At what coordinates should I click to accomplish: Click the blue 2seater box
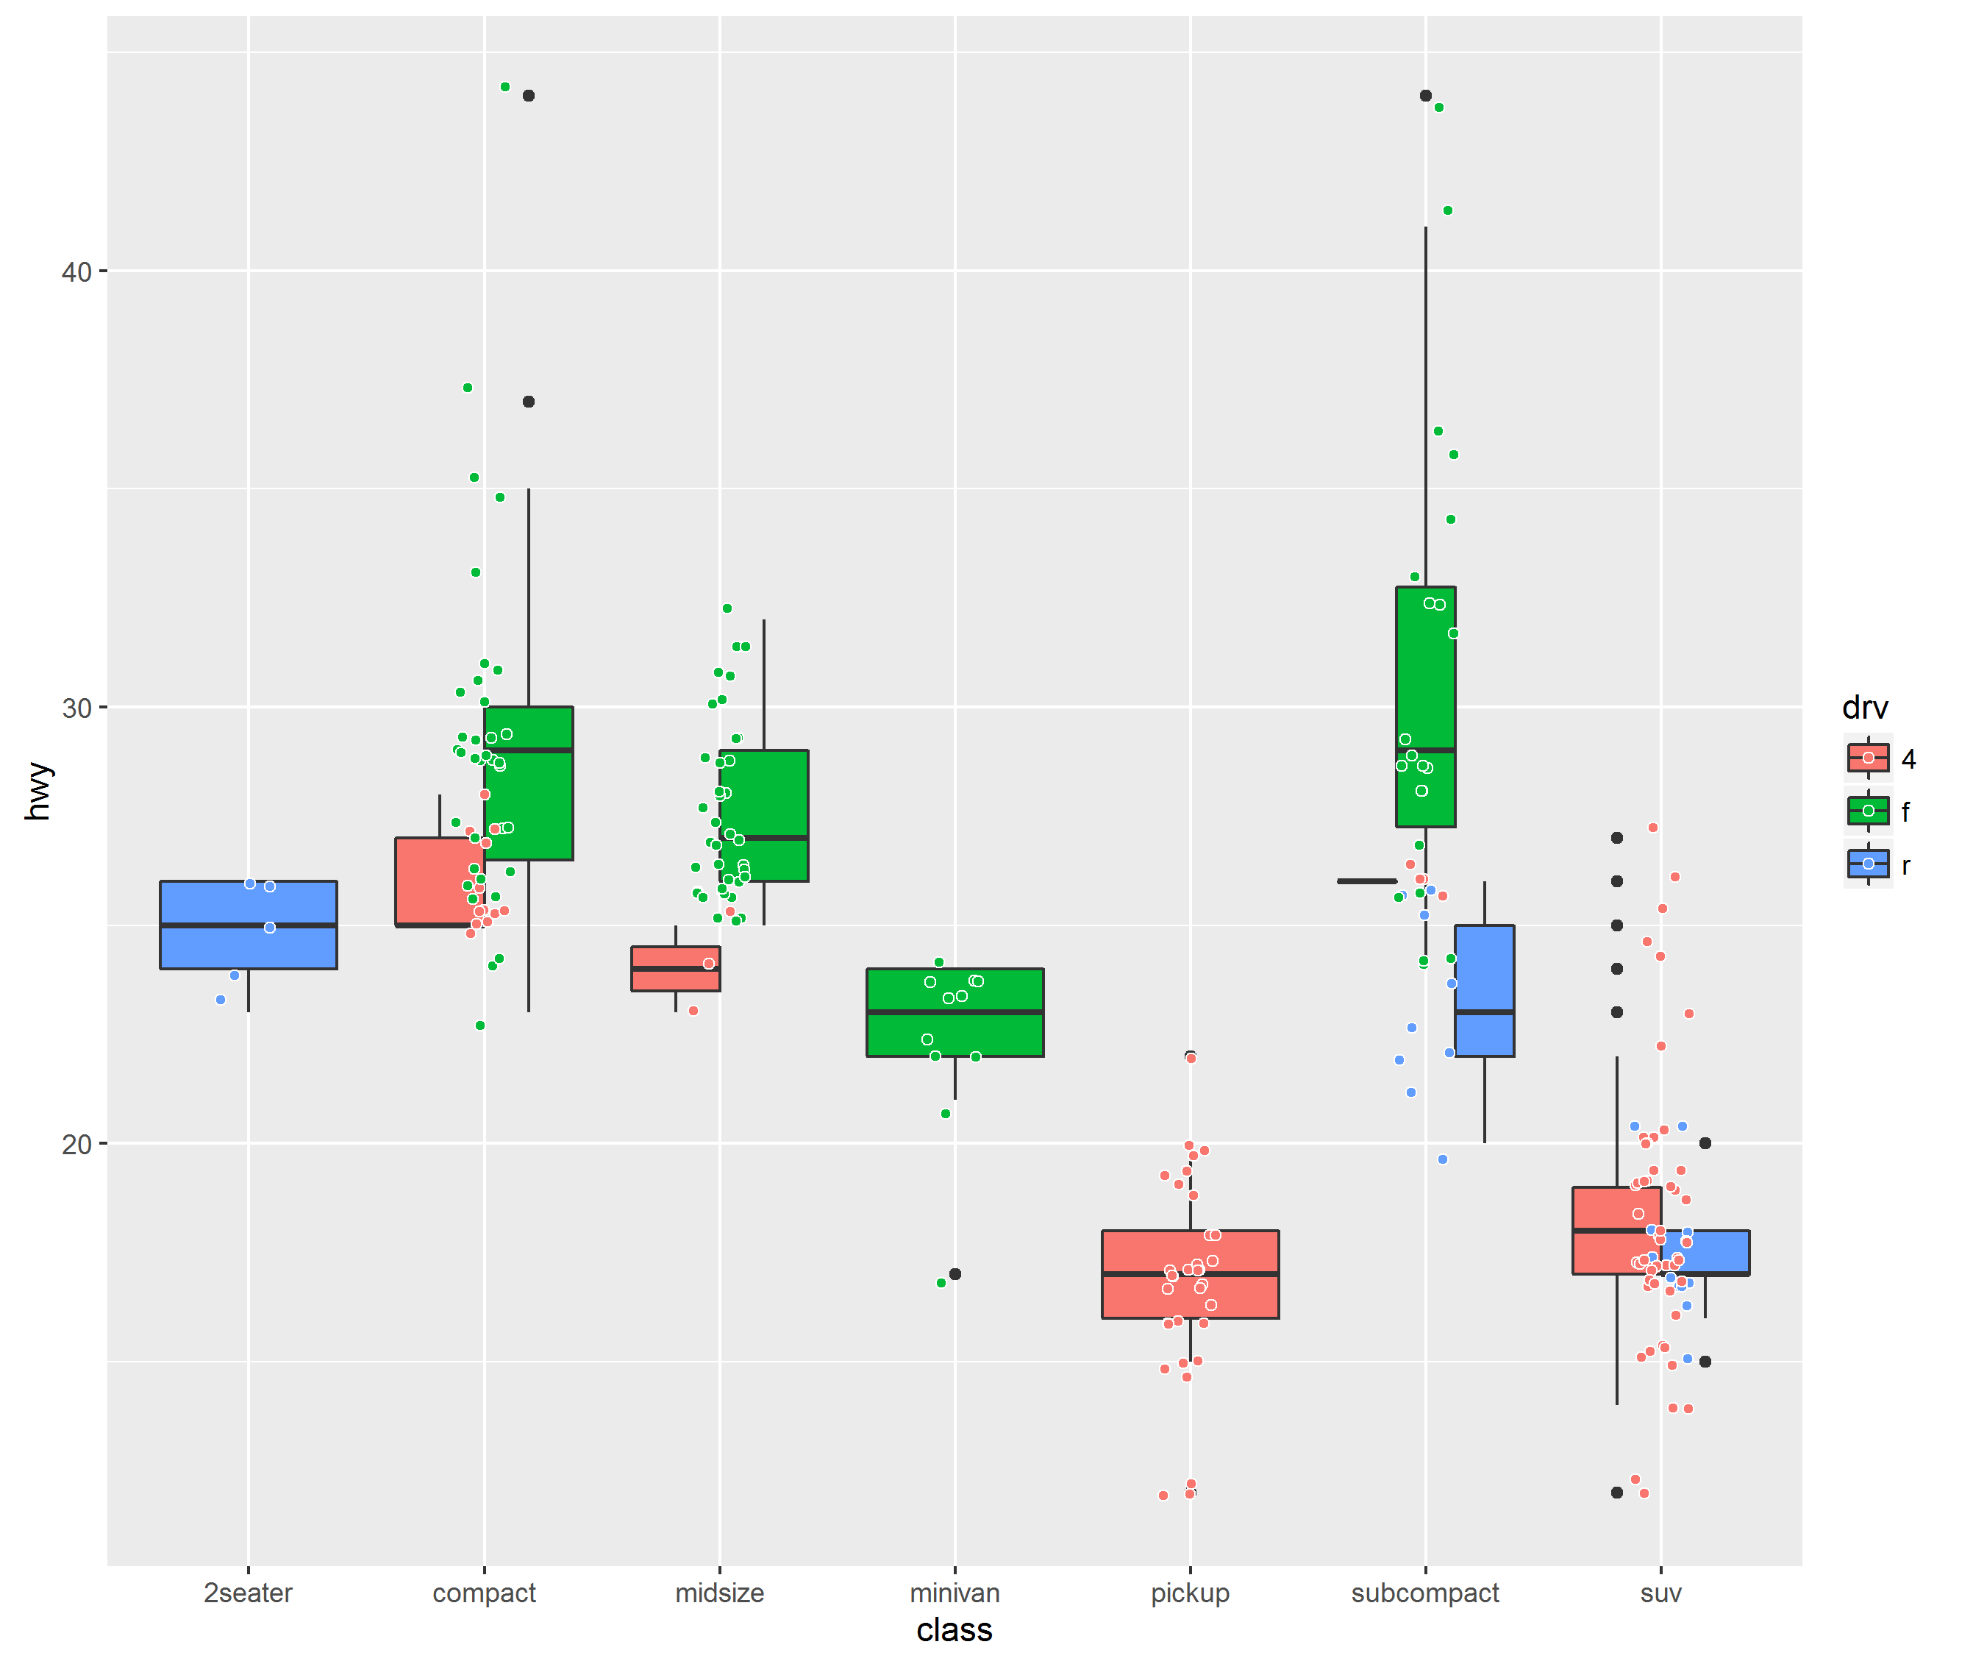tap(248, 925)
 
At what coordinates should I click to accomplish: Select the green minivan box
tap(955, 1012)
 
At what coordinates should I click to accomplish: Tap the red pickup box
tap(1191, 1274)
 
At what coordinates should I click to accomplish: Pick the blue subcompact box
tap(1485, 990)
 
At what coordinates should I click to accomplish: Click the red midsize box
tap(675, 969)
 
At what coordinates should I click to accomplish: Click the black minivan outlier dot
tap(955, 1274)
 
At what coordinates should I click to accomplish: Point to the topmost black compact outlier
tap(528, 96)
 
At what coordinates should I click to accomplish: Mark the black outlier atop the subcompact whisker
tap(1425, 96)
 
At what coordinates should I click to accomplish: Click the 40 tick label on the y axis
tap(76, 271)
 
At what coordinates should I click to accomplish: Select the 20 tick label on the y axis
tap(76, 1144)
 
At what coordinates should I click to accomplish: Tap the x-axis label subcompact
tap(1424, 1593)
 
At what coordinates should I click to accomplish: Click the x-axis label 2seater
tap(248, 1593)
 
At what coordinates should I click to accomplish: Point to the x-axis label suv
tap(1660, 1593)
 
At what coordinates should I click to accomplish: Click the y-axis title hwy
tap(38, 792)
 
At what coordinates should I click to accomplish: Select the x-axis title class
tap(954, 1630)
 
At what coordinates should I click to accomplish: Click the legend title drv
tap(1865, 708)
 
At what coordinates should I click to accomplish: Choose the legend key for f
tap(1867, 811)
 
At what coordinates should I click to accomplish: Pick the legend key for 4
tap(1867, 758)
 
